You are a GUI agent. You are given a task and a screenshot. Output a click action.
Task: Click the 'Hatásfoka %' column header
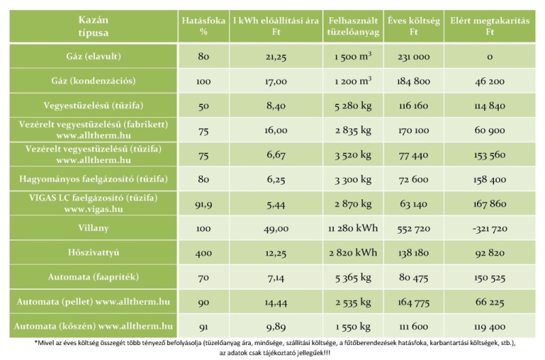[203, 26]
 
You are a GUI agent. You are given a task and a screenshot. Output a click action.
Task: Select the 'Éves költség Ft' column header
[414, 26]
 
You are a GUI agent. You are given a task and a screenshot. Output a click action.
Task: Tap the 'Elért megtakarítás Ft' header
[490, 26]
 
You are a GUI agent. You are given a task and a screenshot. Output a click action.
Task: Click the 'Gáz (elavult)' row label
[93, 57]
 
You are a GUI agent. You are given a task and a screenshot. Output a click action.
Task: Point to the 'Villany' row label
[93, 228]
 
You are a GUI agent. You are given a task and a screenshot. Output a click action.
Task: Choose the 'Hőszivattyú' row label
[93, 252]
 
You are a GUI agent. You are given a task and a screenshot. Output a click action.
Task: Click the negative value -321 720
[490, 228]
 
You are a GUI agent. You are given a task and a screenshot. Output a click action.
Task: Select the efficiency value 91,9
[203, 204]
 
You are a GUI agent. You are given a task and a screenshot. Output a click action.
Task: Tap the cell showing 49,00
[276, 228]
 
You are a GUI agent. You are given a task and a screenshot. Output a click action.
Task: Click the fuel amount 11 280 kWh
[353, 228]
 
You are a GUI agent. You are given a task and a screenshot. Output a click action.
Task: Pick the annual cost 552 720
[414, 228]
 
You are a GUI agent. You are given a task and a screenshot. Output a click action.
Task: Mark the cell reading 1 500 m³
[353, 57]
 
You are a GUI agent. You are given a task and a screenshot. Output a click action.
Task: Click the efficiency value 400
[203, 253]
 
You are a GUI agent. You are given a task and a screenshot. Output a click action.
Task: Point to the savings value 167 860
[490, 204]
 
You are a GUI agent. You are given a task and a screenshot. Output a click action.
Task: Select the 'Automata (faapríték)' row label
[93, 277]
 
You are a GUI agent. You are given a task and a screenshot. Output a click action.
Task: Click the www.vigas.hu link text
[93, 209]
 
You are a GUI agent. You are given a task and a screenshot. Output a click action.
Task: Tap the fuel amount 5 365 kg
[353, 277]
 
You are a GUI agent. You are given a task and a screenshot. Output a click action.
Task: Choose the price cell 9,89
[276, 327]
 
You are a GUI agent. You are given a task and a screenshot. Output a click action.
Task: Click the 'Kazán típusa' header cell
[93, 26]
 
